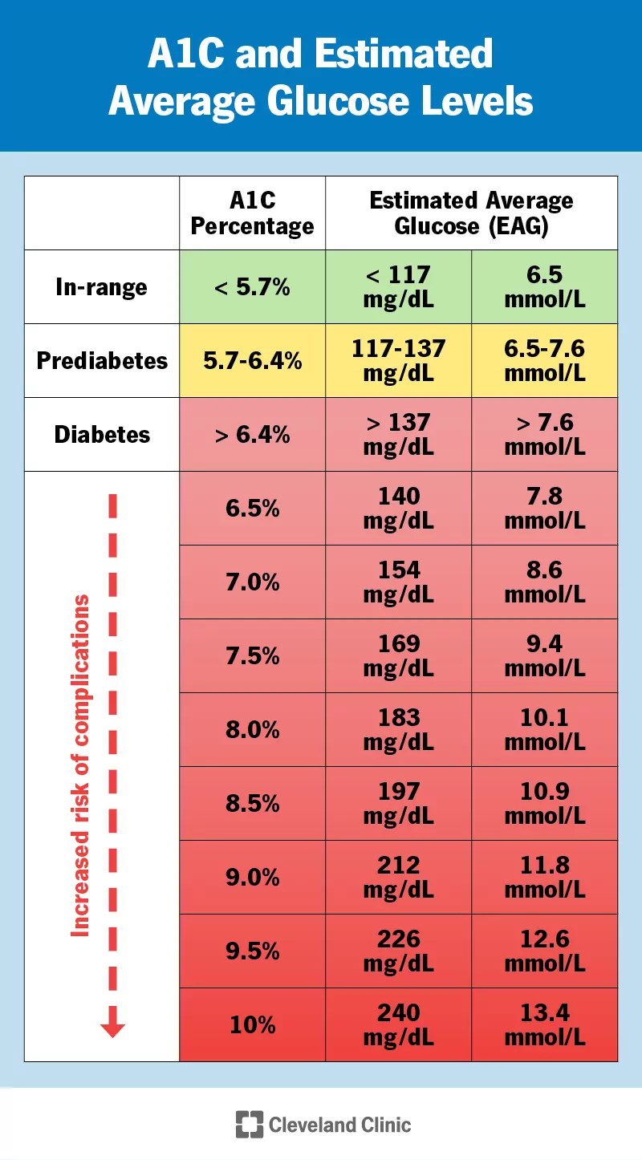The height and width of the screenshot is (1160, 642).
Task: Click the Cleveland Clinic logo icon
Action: click(250, 1124)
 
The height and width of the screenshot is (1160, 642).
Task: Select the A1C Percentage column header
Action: click(252, 213)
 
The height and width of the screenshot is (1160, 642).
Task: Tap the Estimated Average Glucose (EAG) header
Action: click(471, 213)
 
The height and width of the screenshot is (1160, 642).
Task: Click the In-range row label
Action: click(102, 287)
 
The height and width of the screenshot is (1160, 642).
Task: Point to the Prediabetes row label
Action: click(102, 361)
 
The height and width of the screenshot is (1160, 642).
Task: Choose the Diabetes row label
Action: click(102, 435)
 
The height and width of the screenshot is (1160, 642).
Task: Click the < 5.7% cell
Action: click(252, 287)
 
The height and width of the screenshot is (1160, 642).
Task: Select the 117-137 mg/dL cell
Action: click(398, 361)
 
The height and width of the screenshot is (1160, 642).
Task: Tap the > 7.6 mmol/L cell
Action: click(544, 435)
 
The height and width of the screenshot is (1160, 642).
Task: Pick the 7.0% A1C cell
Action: click(252, 582)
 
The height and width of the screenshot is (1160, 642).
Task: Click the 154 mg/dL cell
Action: click(398, 582)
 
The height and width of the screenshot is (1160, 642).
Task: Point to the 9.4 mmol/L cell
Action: click(544, 656)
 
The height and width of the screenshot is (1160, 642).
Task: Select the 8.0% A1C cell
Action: click(252, 730)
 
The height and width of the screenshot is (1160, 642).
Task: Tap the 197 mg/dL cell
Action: click(398, 804)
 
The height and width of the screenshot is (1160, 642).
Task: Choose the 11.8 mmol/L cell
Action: click(544, 878)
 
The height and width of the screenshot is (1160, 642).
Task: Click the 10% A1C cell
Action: click(252, 1025)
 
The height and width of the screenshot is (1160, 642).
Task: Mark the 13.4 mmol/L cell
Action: click(544, 1025)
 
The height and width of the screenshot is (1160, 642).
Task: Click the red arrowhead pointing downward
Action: click(112, 1027)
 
